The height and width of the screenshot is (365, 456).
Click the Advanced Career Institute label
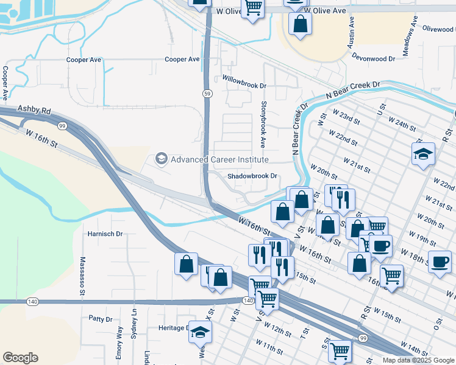[x=219, y=159]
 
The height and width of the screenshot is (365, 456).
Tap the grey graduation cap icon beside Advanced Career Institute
[x=162, y=159]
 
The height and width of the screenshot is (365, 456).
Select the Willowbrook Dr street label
[x=244, y=79]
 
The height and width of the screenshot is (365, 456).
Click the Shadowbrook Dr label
[x=252, y=176]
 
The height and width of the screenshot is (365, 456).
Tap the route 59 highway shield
[x=207, y=93]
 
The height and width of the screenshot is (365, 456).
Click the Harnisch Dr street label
[x=105, y=233]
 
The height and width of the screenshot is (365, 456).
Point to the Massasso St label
[x=82, y=277]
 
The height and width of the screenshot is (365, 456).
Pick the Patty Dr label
[x=101, y=319]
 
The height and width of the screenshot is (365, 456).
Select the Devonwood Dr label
[x=373, y=55]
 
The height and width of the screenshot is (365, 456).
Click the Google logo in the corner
[x=20, y=358]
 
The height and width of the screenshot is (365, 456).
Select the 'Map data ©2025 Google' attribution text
[x=418, y=360]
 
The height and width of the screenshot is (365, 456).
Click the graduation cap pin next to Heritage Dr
[x=199, y=332]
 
